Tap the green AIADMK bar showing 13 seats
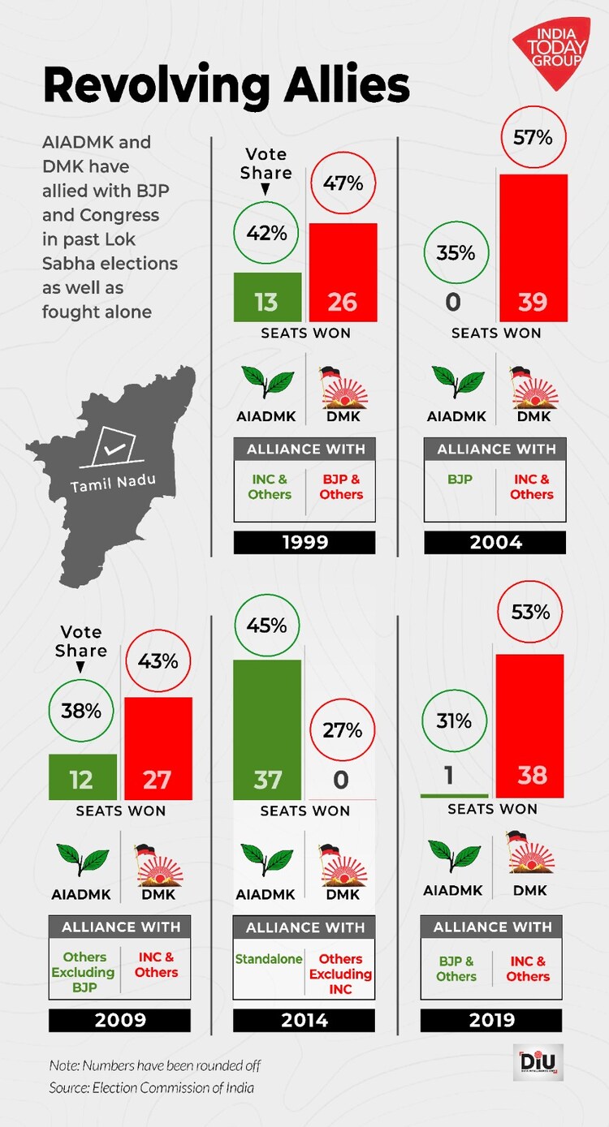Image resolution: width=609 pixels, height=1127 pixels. [267, 297]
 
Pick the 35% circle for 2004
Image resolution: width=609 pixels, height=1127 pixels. [456, 253]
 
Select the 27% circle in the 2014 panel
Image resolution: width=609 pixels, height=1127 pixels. [342, 730]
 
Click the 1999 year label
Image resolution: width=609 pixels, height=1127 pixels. [304, 543]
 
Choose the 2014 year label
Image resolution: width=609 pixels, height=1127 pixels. [304, 1021]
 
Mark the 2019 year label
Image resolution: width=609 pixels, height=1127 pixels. [492, 1021]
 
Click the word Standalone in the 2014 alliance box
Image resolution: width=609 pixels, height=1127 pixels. [269, 959]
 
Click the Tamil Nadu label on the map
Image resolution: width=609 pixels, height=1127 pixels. [112, 484]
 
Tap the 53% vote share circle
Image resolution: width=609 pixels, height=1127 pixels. [531, 613]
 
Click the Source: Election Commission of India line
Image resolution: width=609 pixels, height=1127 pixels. [151, 1088]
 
